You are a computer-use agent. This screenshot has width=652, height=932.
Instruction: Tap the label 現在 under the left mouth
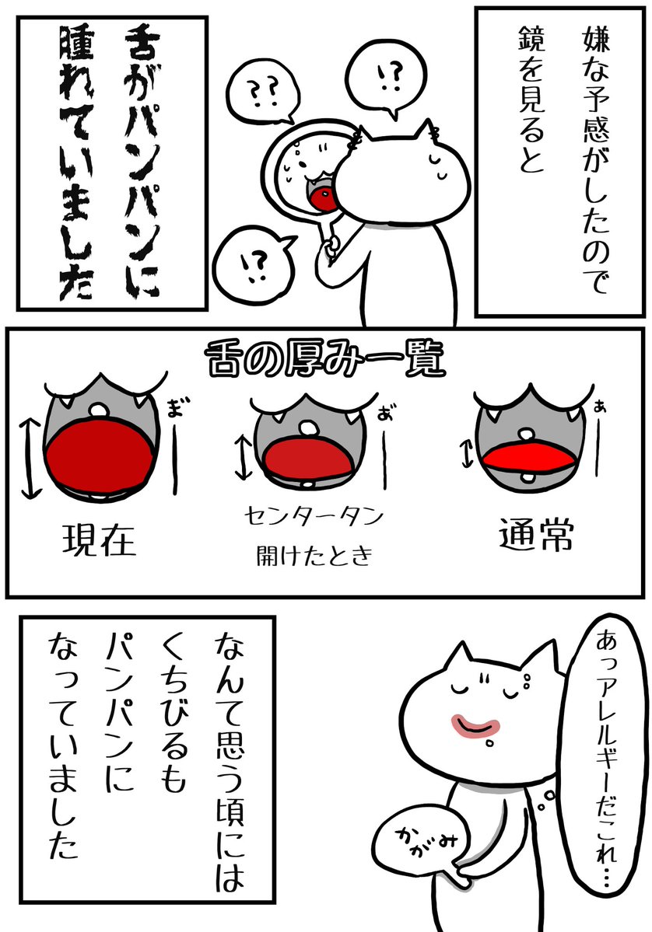[x=100, y=539]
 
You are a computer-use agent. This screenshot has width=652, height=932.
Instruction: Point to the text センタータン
[x=314, y=516]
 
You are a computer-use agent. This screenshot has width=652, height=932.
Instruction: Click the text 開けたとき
[x=314, y=556]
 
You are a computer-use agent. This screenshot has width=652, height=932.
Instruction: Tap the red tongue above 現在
[x=100, y=456]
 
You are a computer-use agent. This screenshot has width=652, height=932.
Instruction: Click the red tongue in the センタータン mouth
[x=308, y=456]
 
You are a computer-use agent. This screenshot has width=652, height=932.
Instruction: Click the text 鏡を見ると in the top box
[x=531, y=99]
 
